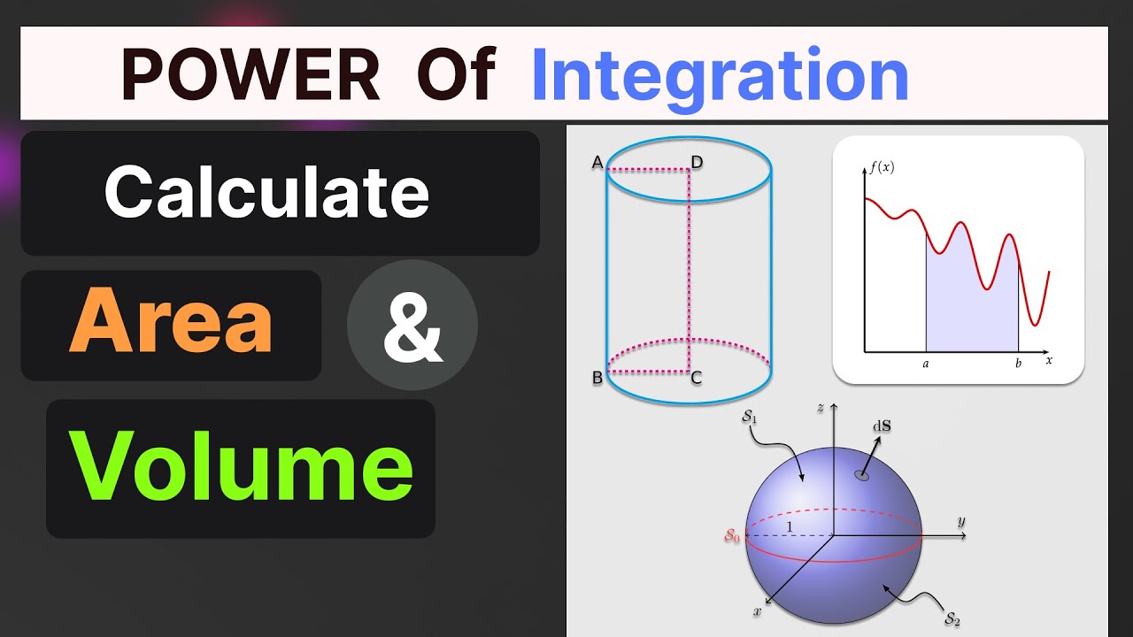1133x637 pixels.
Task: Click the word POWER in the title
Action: pos(250,75)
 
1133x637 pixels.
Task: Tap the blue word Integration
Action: pos(720,75)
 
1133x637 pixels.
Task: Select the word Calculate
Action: pos(266,192)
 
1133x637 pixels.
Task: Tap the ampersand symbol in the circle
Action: pos(412,326)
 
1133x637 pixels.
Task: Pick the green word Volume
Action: pos(242,466)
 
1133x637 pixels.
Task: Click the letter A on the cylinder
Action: pos(597,162)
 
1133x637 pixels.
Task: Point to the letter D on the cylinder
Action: pos(698,162)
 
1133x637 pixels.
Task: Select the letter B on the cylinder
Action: pos(597,379)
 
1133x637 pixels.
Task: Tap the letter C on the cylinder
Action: pos(697,379)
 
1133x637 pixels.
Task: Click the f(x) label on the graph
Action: pos(881,166)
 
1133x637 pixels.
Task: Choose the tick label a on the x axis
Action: pos(926,363)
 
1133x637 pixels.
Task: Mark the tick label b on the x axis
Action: pos(1018,363)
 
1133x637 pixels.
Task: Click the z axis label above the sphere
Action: pos(821,408)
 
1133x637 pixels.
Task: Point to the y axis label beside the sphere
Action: pos(960,521)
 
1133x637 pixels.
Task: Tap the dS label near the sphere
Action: pos(882,426)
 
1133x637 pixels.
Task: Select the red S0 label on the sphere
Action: pos(732,534)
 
